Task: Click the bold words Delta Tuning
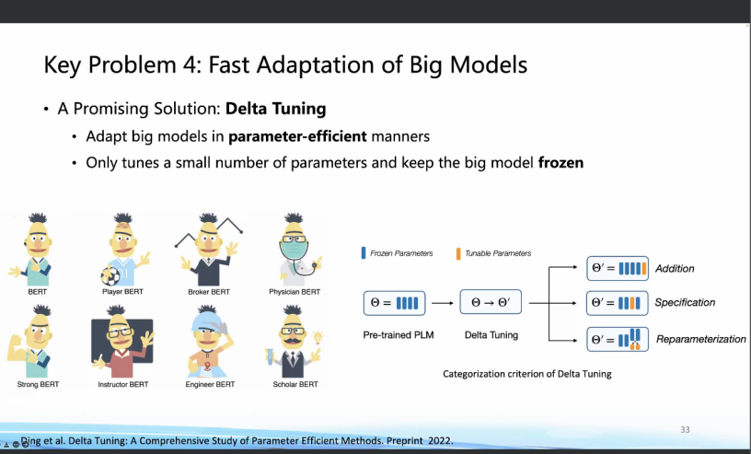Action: pyautogui.click(x=275, y=109)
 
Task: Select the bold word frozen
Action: pyautogui.click(x=560, y=162)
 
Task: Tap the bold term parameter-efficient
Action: pyautogui.click(x=297, y=136)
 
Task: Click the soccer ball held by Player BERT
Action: pyautogui.click(x=110, y=275)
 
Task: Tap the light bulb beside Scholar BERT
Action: pyautogui.click(x=318, y=337)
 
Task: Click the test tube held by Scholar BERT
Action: pyautogui.click(x=271, y=356)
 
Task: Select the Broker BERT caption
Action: pyautogui.click(x=209, y=292)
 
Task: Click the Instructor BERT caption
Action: pyautogui.click(x=123, y=384)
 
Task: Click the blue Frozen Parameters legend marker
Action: pyautogui.click(x=364, y=253)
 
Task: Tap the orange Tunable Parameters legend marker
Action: pyautogui.click(x=458, y=253)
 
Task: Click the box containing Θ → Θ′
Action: pyautogui.click(x=491, y=302)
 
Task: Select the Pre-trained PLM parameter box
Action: pyautogui.click(x=394, y=303)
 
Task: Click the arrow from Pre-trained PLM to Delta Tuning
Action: pyautogui.click(x=442, y=303)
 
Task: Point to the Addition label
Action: pyautogui.click(x=675, y=269)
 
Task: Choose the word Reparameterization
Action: pyautogui.click(x=700, y=340)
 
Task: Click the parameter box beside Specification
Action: pyautogui.click(x=618, y=303)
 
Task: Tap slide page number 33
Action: pyautogui.click(x=686, y=429)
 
